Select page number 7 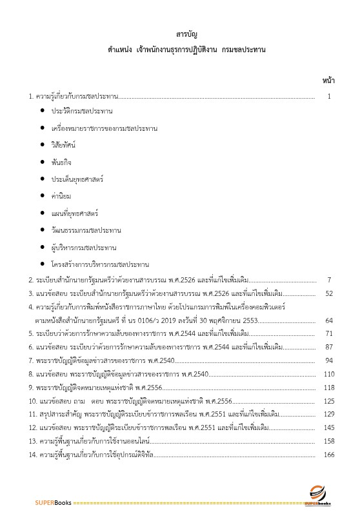[x=329, y=280]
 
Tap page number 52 [x=328, y=293]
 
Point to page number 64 [x=328, y=320]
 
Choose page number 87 [x=328, y=347]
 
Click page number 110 [x=328, y=374]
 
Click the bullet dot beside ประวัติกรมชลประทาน [x=43, y=111]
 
